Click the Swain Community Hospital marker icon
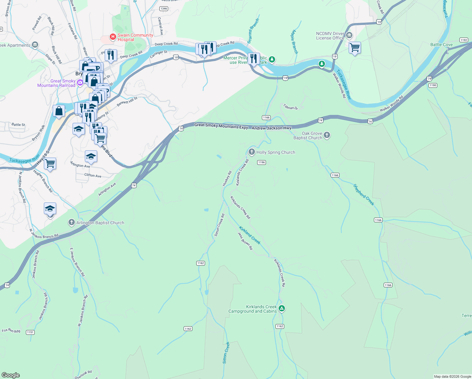(113, 37)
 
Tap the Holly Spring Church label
(275, 152)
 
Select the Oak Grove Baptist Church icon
(327, 135)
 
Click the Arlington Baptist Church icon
(72, 223)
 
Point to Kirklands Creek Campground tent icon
(282, 309)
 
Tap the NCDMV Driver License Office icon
(349, 35)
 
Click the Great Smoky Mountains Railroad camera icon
(80, 82)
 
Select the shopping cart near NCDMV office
(355, 48)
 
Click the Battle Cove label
(441, 45)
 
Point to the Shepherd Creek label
(364, 195)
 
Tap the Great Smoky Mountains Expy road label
(221, 126)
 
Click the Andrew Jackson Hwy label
(271, 128)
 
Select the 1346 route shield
(164, 9)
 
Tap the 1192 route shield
(463, 40)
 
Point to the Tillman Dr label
(290, 107)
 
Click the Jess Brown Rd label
(245, 241)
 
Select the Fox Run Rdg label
(11, 331)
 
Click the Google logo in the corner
(11, 375)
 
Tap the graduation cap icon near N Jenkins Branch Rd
(50, 209)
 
